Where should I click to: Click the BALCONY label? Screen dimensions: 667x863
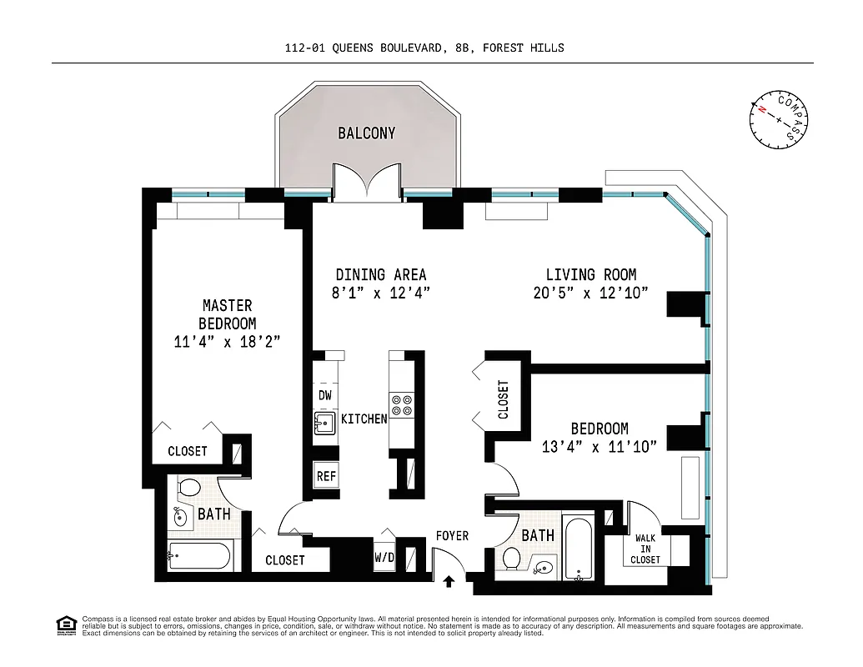[366, 133]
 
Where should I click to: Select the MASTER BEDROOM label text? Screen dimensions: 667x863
[227, 314]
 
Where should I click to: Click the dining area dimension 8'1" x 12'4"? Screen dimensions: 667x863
[381, 293]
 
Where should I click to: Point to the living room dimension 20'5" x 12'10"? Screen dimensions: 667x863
[591, 293]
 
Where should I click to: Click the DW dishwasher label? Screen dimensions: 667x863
[324, 395]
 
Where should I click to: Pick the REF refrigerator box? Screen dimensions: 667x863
[326, 477]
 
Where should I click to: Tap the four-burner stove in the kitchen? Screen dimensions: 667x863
[402, 404]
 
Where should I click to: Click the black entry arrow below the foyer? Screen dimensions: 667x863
[449, 580]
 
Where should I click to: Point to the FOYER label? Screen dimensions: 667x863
[452, 536]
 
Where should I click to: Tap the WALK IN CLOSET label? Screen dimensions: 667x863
[646, 549]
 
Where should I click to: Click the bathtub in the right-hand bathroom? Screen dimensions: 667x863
[580, 550]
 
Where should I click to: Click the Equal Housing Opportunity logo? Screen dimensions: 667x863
[63, 624]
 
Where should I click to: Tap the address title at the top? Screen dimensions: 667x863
[424, 48]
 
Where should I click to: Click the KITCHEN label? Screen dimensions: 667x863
[364, 419]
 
